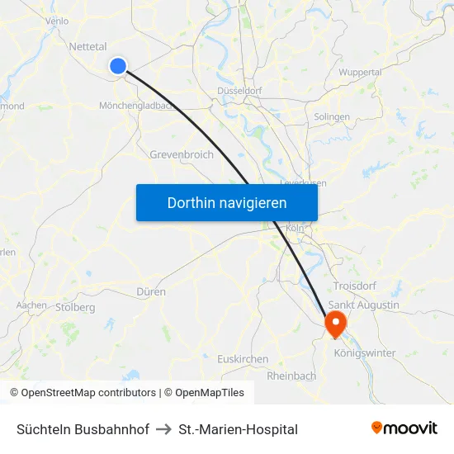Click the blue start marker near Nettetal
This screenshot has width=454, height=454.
pos(118,66)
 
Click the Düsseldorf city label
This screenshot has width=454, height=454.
pos(239,91)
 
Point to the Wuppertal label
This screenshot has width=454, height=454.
pos(360,73)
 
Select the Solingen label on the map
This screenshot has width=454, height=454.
pos(332,117)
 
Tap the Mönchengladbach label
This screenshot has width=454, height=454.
pos(135,106)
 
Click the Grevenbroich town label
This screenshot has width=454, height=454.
pos(182,154)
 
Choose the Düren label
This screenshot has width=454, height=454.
pos(152,292)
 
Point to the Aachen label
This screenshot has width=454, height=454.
pos(31,305)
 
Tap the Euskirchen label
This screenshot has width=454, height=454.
pos(243,359)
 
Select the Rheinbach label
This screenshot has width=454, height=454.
pos(291,376)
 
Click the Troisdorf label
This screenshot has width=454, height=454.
pos(355,286)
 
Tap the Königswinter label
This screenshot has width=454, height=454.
pos(365,353)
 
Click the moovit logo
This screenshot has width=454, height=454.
pos(404,428)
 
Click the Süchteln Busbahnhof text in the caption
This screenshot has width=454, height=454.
pos(83,429)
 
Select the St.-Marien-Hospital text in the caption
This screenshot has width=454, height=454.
pos(238,429)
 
